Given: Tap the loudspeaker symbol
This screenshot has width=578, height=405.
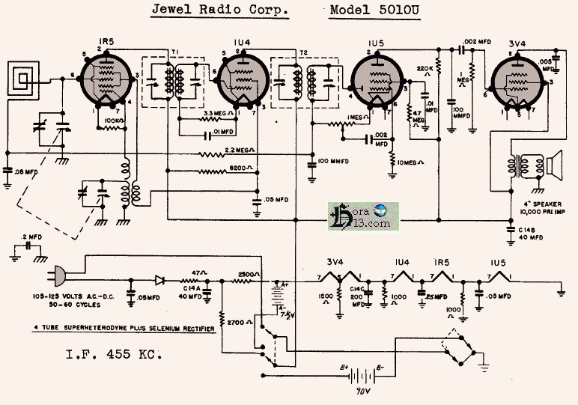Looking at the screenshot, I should tap(556, 165).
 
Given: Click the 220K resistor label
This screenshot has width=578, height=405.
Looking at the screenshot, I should tap(425, 69).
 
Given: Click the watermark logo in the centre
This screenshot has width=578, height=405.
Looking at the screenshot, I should tap(363, 217).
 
